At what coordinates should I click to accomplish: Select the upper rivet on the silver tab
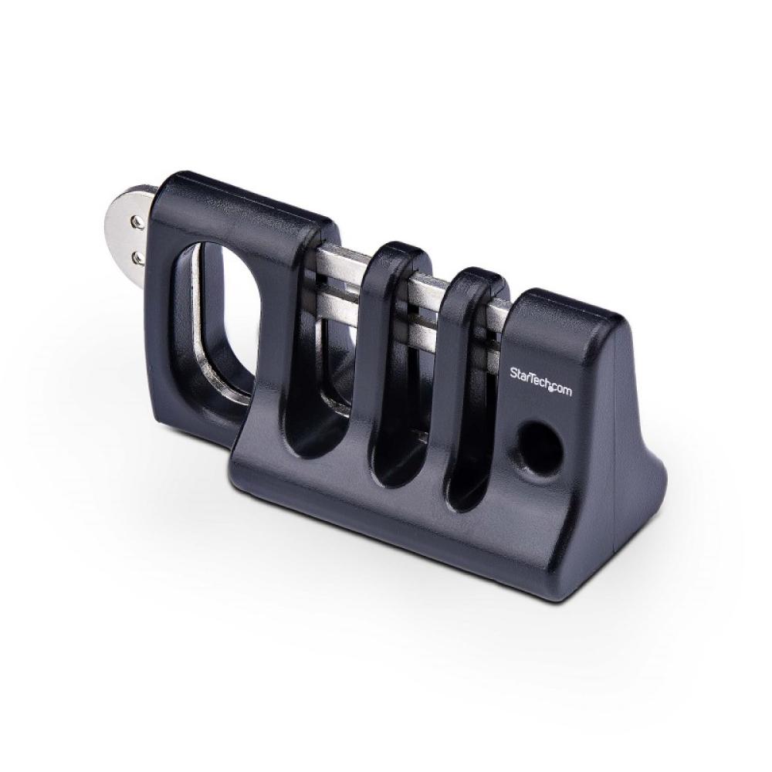click(137, 222)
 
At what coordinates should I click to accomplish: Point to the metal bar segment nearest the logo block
click(499, 317)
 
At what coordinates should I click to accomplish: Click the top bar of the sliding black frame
click(247, 212)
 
